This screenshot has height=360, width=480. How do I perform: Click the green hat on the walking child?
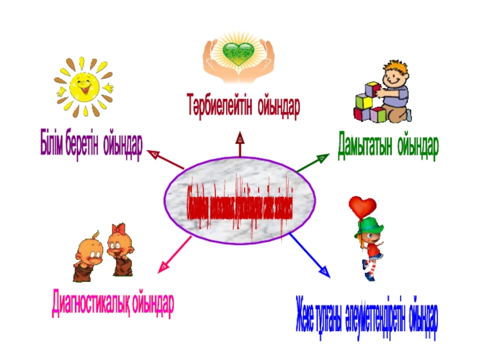(x=371, y=227)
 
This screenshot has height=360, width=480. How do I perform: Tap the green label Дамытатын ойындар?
(x=388, y=145)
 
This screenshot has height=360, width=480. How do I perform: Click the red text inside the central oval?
(x=239, y=208)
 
